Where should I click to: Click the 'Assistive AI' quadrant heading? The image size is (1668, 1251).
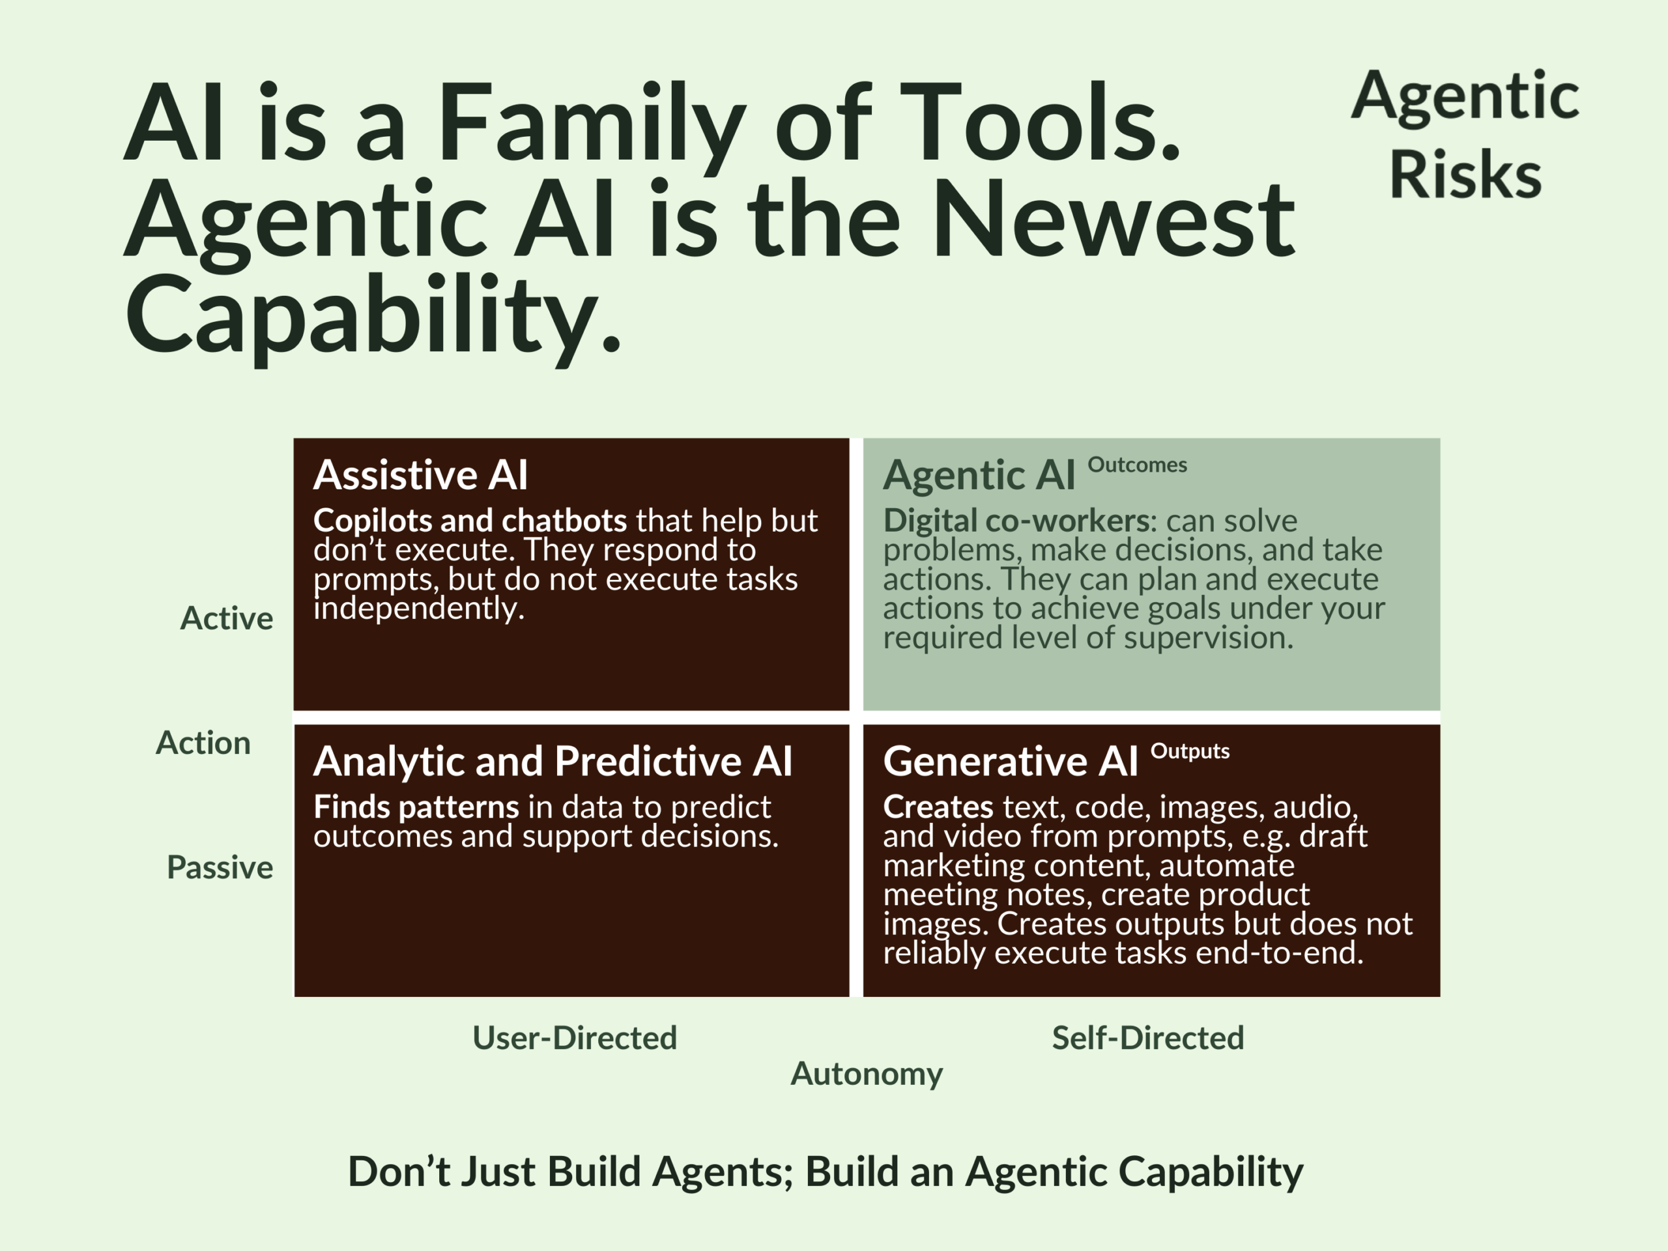[x=420, y=475]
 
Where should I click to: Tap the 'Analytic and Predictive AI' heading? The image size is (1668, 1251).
[x=553, y=762]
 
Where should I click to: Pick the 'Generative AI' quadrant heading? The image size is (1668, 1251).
[x=1011, y=762]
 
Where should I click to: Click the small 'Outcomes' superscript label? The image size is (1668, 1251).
[x=1137, y=465]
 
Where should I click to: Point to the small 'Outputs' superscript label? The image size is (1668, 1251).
[x=1190, y=752]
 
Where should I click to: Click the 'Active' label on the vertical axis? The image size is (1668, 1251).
[x=226, y=618]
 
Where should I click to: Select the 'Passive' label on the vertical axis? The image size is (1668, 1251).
[x=220, y=868]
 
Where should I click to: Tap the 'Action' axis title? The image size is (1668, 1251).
[x=203, y=743]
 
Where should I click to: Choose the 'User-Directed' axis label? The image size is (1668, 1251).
[x=575, y=1039]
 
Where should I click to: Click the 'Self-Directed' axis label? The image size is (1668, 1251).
[x=1147, y=1039]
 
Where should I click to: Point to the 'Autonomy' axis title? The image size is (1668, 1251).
[x=867, y=1074]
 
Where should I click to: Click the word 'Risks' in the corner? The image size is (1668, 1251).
[x=1465, y=175]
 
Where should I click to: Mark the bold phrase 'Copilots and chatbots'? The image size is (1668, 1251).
[x=470, y=521]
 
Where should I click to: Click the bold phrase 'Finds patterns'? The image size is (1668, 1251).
[x=416, y=807]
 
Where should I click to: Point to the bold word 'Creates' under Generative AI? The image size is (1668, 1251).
[x=938, y=807]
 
